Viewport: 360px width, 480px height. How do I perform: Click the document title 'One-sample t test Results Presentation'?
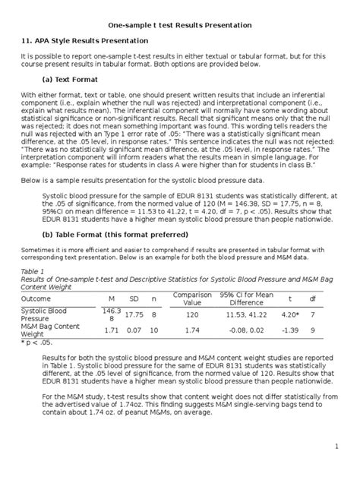click(x=180, y=25)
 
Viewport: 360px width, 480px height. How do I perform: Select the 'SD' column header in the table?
click(x=134, y=299)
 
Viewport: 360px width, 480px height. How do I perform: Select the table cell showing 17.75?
click(x=134, y=314)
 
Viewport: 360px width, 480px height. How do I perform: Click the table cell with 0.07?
click(x=134, y=330)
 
